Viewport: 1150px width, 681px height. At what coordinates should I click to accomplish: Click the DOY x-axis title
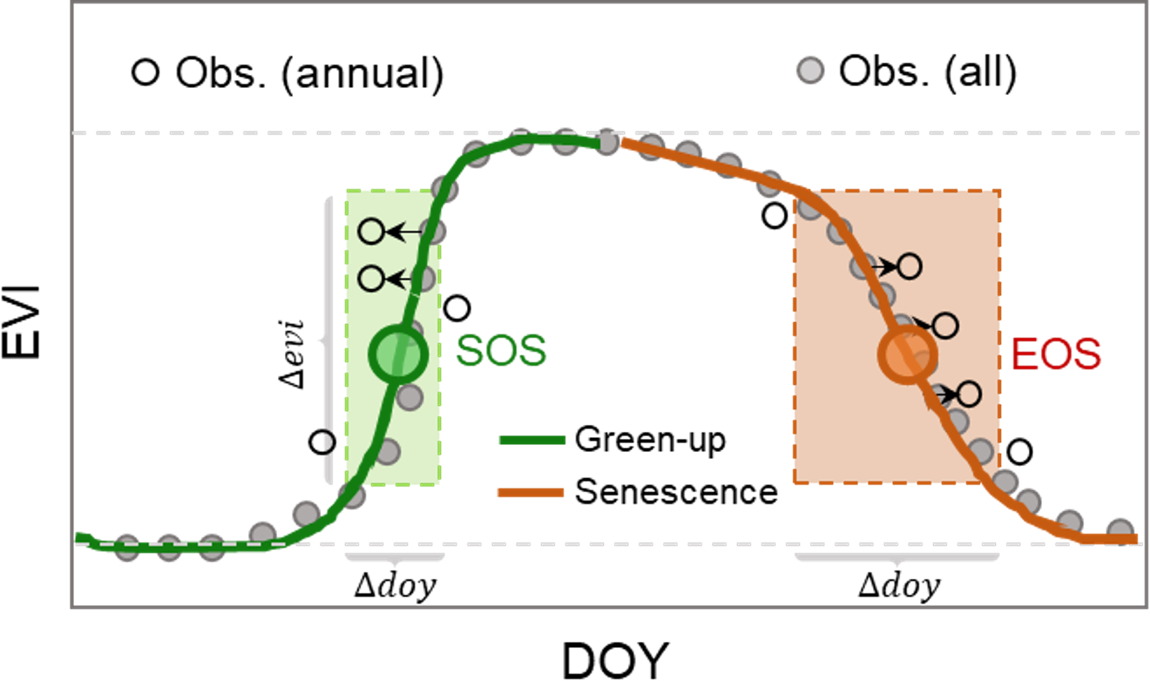tap(613, 659)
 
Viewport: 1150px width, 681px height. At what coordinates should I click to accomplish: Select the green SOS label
tap(502, 351)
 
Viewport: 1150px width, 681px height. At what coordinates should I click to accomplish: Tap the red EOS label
tap(1057, 355)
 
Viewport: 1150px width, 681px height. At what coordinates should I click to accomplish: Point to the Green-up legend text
tap(650, 441)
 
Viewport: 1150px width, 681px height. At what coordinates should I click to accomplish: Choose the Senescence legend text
tap(676, 492)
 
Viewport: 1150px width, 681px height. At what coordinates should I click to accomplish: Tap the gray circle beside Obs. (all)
tap(812, 71)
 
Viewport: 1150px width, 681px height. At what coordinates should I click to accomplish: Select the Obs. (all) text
tap(928, 73)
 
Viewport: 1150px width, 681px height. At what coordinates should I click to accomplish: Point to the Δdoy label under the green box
tap(395, 585)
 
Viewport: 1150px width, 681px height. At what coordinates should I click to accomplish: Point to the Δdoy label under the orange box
tap(899, 586)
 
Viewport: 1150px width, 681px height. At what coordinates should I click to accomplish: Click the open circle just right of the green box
tap(457, 307)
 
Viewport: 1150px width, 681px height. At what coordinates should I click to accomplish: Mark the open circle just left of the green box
tap(322, 442)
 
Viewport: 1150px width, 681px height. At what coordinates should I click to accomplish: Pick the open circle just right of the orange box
tap(1019, 452)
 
